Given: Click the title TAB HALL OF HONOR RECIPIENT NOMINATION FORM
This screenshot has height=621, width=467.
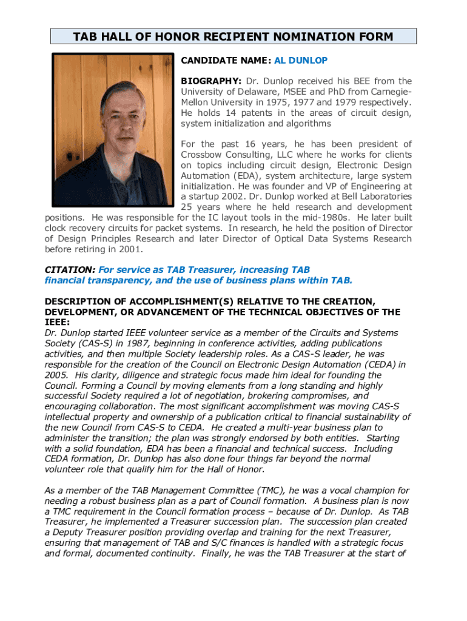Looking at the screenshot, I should click(x=233, y=37).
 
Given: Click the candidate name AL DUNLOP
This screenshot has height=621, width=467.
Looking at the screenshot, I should click(x=301, y=61).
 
